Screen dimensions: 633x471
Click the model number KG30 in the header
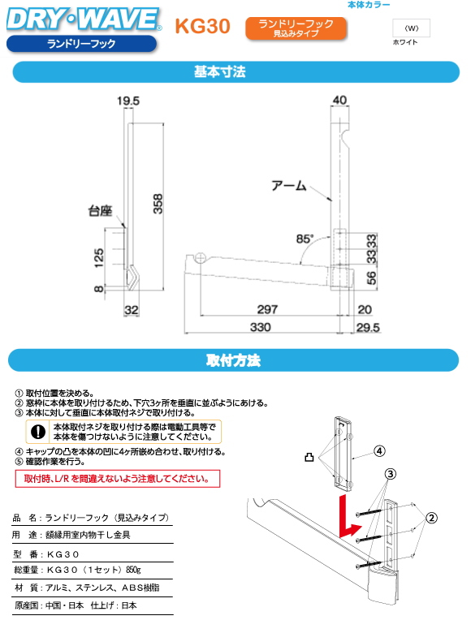click(202, 27)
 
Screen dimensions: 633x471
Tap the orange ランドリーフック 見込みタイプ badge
click(296, 28)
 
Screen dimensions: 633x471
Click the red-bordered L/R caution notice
click(118, 480)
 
